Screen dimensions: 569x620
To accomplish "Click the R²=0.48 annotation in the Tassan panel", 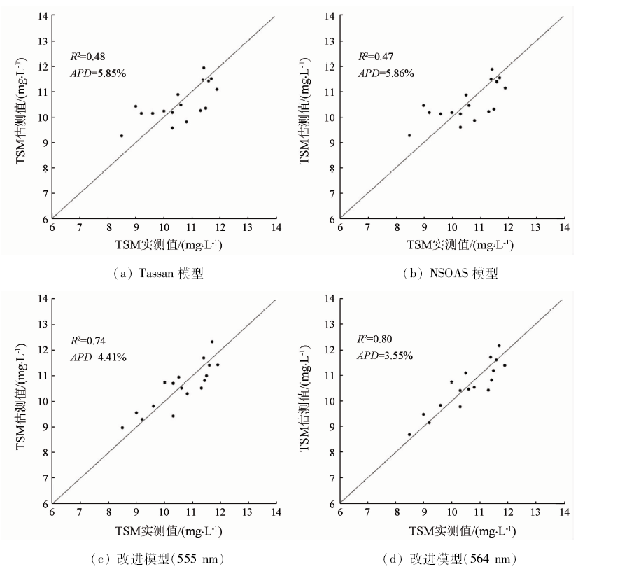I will [87, 56].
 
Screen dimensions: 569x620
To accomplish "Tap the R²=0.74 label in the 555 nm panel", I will [87, 341].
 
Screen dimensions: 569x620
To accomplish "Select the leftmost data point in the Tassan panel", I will [121, 136].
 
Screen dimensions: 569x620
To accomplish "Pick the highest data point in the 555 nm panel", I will [212, 342].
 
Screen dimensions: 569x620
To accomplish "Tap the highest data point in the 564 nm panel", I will [499, 346].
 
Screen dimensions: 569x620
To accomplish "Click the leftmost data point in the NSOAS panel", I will [409, 136].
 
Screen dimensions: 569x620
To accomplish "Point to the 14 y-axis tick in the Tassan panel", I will [44, 15].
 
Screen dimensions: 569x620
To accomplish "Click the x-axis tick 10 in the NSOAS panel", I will [452, 227].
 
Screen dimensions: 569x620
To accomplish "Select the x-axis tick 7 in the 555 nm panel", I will [80, 512].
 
